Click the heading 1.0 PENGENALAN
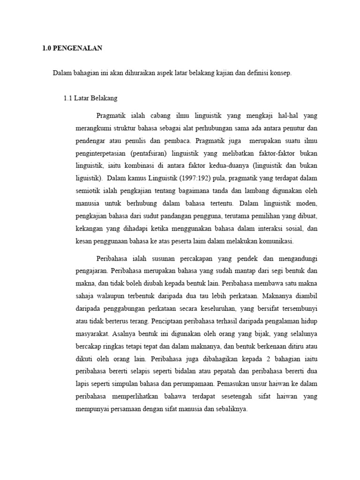pos(72,48)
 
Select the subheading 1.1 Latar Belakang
pos(90,98)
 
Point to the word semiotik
pos(89,191)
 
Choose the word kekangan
pos(90,229)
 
